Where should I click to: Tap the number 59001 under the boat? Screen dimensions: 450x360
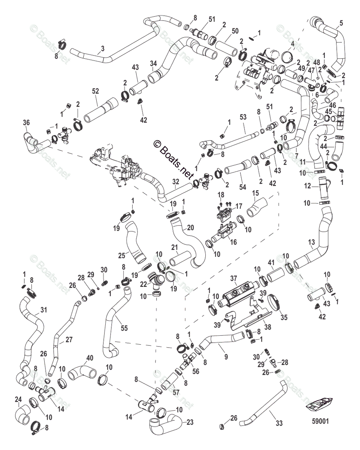click(x=321, y=421)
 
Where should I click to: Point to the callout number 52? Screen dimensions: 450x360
click(x=96, y=91)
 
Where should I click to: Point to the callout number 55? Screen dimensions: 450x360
click(x=124, y=328)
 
